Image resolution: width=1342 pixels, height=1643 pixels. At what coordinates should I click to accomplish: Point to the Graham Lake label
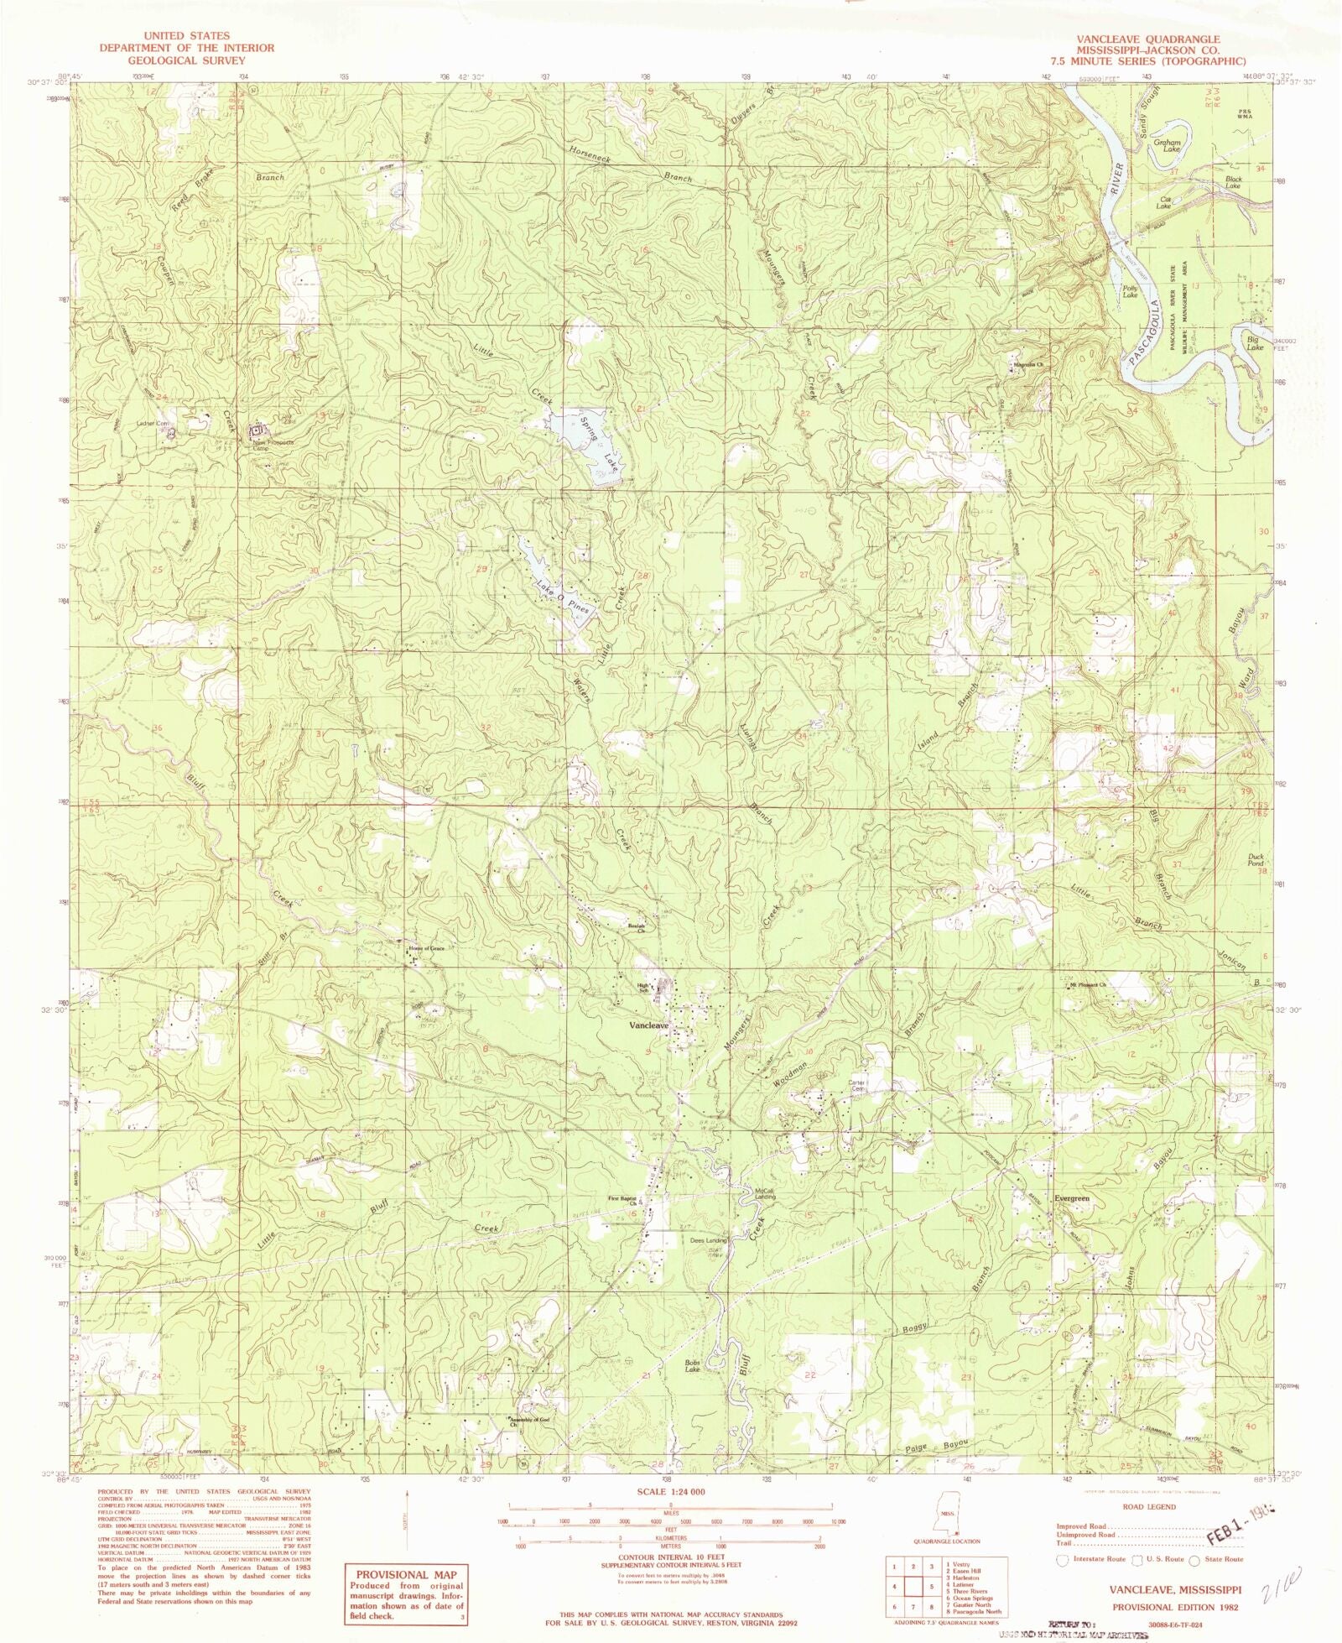tap(1168, 146)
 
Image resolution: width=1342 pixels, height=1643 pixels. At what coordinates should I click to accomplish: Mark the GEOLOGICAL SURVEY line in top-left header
tap(186, 60)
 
